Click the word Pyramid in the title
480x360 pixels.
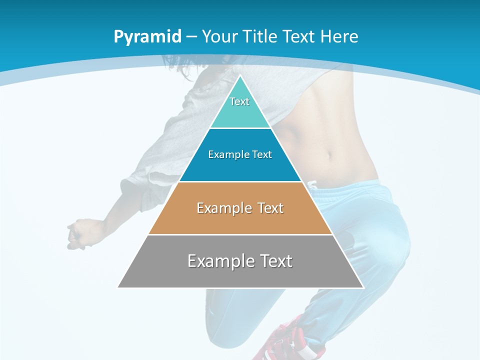(147, 37)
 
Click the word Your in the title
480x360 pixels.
(219, 36)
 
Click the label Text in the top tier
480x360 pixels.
(239, 101)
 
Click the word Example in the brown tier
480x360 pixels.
(222, 208)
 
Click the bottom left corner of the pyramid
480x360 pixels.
(118, 287)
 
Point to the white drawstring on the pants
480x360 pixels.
(312, 185)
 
